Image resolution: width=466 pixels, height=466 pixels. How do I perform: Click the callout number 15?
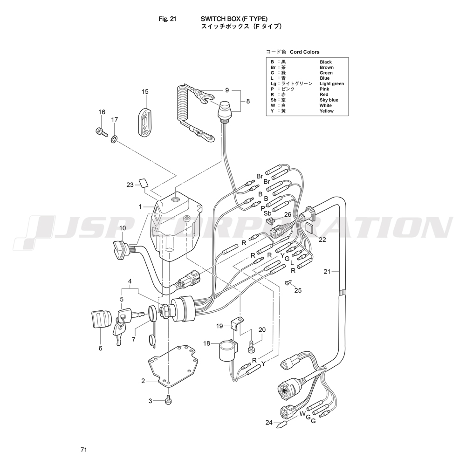145,91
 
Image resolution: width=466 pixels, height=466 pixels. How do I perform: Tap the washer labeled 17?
114,139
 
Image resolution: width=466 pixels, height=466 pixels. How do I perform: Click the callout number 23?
130,185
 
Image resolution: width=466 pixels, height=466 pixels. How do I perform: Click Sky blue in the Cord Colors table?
329,100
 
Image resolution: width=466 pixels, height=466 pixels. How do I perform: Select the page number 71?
84,450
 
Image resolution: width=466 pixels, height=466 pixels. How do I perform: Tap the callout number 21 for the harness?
327,271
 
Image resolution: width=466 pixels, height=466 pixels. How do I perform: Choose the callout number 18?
207,343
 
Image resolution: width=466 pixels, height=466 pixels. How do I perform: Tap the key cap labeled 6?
98,320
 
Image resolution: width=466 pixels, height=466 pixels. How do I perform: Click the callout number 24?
268,423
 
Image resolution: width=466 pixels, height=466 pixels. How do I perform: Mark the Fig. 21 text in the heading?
167,20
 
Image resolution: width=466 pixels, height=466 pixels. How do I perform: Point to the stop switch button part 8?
226,111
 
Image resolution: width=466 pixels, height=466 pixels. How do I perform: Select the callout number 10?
123,228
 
